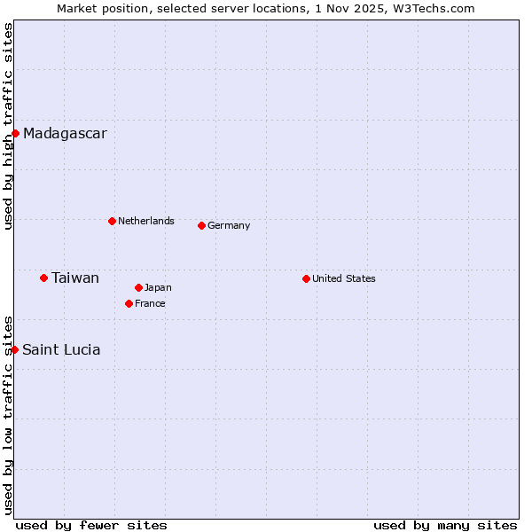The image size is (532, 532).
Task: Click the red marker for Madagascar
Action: point(15,134)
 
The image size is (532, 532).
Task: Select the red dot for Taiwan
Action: point(43,278)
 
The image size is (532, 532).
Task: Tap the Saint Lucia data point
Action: point(15,350)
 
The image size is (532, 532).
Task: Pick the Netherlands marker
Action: point(112,221)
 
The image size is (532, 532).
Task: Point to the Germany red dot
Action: point(201,225)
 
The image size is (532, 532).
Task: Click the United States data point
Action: point(306,278)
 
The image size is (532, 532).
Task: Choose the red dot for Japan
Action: point(138,287)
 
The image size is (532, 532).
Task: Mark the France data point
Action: point(129,303)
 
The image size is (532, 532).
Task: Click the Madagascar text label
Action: point(65,134)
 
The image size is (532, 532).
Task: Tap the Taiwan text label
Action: point(75,278)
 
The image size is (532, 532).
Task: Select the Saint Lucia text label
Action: point(61,350)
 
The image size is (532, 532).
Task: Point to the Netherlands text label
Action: point(146,221)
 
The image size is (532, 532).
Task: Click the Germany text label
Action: point(229,225)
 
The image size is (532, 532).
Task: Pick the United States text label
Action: point(344,278)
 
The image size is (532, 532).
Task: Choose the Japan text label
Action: point(158,287)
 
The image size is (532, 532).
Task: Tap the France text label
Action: point(150,303)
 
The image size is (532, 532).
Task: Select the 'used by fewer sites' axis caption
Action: point(91,525)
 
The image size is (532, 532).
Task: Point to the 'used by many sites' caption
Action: point(445,525)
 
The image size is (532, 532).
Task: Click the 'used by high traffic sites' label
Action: point(8,126)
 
